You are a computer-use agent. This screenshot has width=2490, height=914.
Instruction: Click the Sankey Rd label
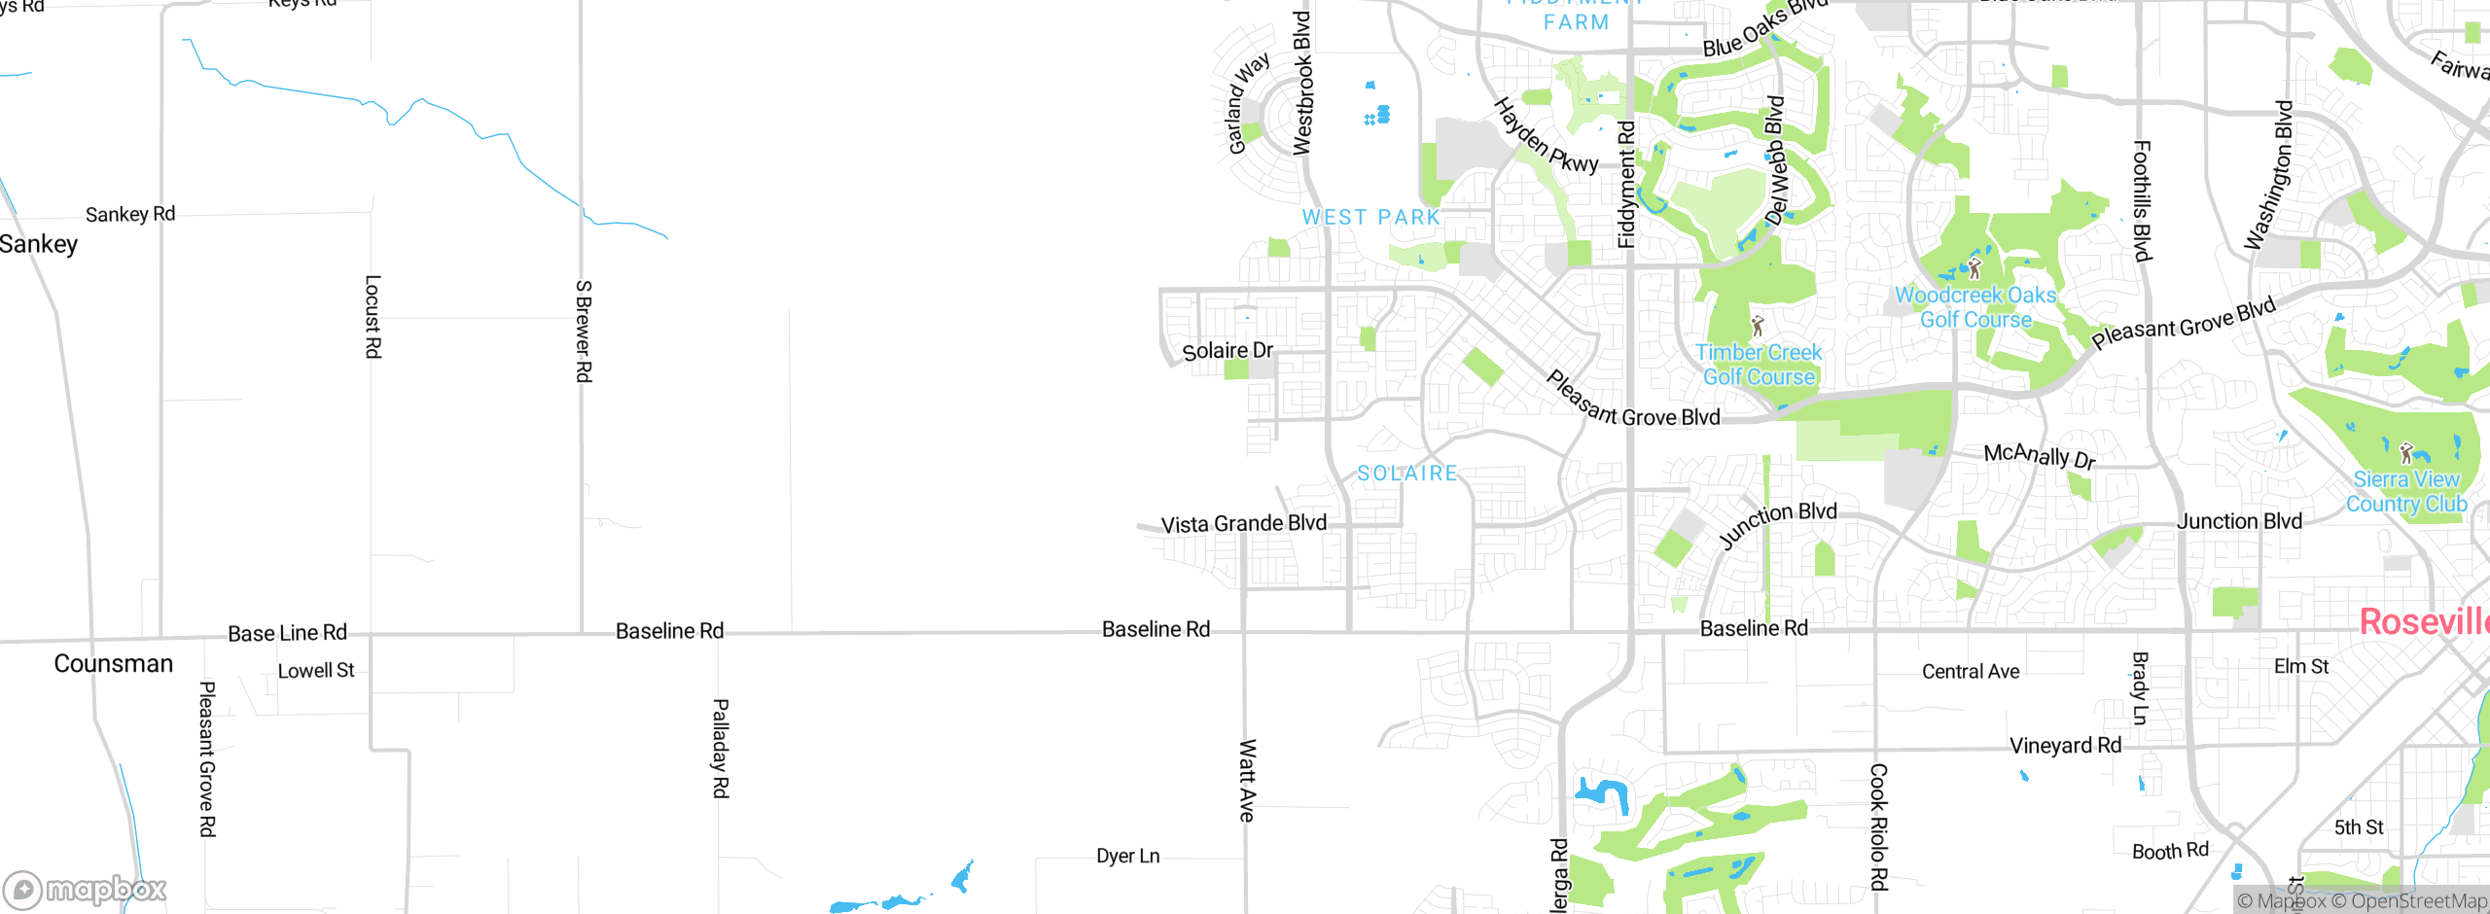click(x=130, y=214)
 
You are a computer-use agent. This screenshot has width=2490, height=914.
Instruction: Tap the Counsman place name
click(x=114, y=664)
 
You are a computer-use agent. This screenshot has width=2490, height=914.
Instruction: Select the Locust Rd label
click(x=373, y=317)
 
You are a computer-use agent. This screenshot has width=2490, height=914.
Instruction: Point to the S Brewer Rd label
click(x=584, y=332)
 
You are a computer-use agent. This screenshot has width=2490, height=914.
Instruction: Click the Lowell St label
click(x=316, y=671)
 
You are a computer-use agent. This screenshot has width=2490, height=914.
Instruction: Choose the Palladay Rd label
click(x=721, y=748)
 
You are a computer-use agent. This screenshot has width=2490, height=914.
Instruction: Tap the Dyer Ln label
click(x=1128, y=857)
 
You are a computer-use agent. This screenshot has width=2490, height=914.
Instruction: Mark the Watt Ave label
click(x=1248, y=781)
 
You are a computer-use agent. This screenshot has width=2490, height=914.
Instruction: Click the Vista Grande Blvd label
click(x=1244, y=524)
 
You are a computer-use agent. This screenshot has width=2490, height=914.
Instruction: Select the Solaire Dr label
click(x=1227, y=351)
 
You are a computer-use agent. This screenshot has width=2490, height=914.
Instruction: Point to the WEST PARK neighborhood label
click(x=1371, y=218)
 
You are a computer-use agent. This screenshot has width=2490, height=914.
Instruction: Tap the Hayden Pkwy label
click(x=1546, y=136)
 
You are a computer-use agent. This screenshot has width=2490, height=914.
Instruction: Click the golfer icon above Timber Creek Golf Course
click(x=1758, y=325)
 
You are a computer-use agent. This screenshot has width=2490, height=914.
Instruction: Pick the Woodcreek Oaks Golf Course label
click(x=1975, y=307)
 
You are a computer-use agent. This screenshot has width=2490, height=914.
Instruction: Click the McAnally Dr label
click(x=2040, y=455)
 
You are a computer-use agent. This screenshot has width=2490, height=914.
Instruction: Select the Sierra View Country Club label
click(x=2406, y=492)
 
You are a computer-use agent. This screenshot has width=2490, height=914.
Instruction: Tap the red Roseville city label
click(x=2424, y=622)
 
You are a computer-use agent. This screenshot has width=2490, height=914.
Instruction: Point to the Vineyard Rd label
click(x=2066, y=746)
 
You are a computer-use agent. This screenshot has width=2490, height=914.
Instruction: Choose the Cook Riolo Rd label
click(x=1879, y=826)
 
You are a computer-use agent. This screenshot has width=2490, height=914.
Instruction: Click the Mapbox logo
click(x=86, y=890)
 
